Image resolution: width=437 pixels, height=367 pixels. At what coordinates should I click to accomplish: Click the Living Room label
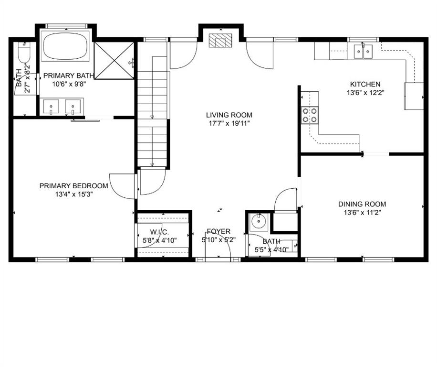(229, 115)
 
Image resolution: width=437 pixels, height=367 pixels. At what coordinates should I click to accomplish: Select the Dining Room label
(362, 204)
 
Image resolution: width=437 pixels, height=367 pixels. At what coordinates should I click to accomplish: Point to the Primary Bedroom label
(73, 186)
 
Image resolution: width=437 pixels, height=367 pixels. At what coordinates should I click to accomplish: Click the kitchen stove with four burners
(309, 115)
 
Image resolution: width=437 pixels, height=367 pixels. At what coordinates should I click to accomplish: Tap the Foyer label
(218, 231)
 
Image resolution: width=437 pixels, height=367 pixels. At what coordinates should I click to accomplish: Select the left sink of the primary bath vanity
(51, 106)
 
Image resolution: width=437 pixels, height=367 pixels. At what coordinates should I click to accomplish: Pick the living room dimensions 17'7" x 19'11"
(229, 123)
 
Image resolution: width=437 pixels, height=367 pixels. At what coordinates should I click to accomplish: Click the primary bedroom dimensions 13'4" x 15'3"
(73, 194)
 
